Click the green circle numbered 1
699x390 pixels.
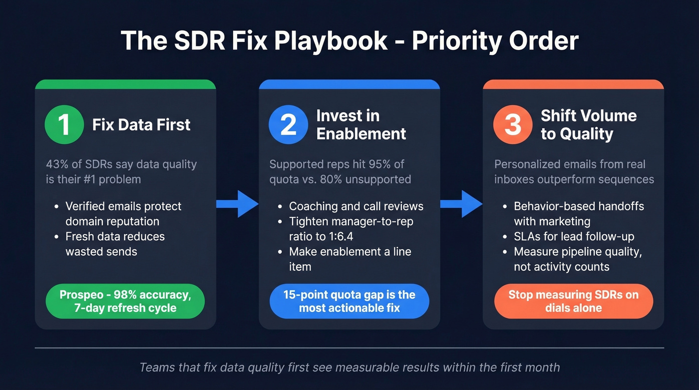click(64, 124)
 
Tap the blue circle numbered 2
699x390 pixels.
click(288, 124)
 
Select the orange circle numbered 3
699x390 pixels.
click(513, 124)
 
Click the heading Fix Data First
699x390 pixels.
click(141, 124)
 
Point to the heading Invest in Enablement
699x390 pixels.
click(361, 124)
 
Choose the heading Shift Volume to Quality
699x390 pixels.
click(589, 124)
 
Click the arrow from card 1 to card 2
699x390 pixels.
click(238, 203)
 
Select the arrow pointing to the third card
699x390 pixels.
click(461, 203)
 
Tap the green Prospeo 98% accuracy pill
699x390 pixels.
click(125, 301)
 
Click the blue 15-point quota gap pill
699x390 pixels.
click(349, 301)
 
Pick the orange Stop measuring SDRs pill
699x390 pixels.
click(573, 301)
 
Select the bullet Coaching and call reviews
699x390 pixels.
click(356, 206)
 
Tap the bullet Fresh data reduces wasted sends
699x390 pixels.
click(115, 244)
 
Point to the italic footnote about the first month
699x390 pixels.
click(349, 368)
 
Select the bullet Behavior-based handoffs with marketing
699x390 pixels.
click(579, 214)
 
